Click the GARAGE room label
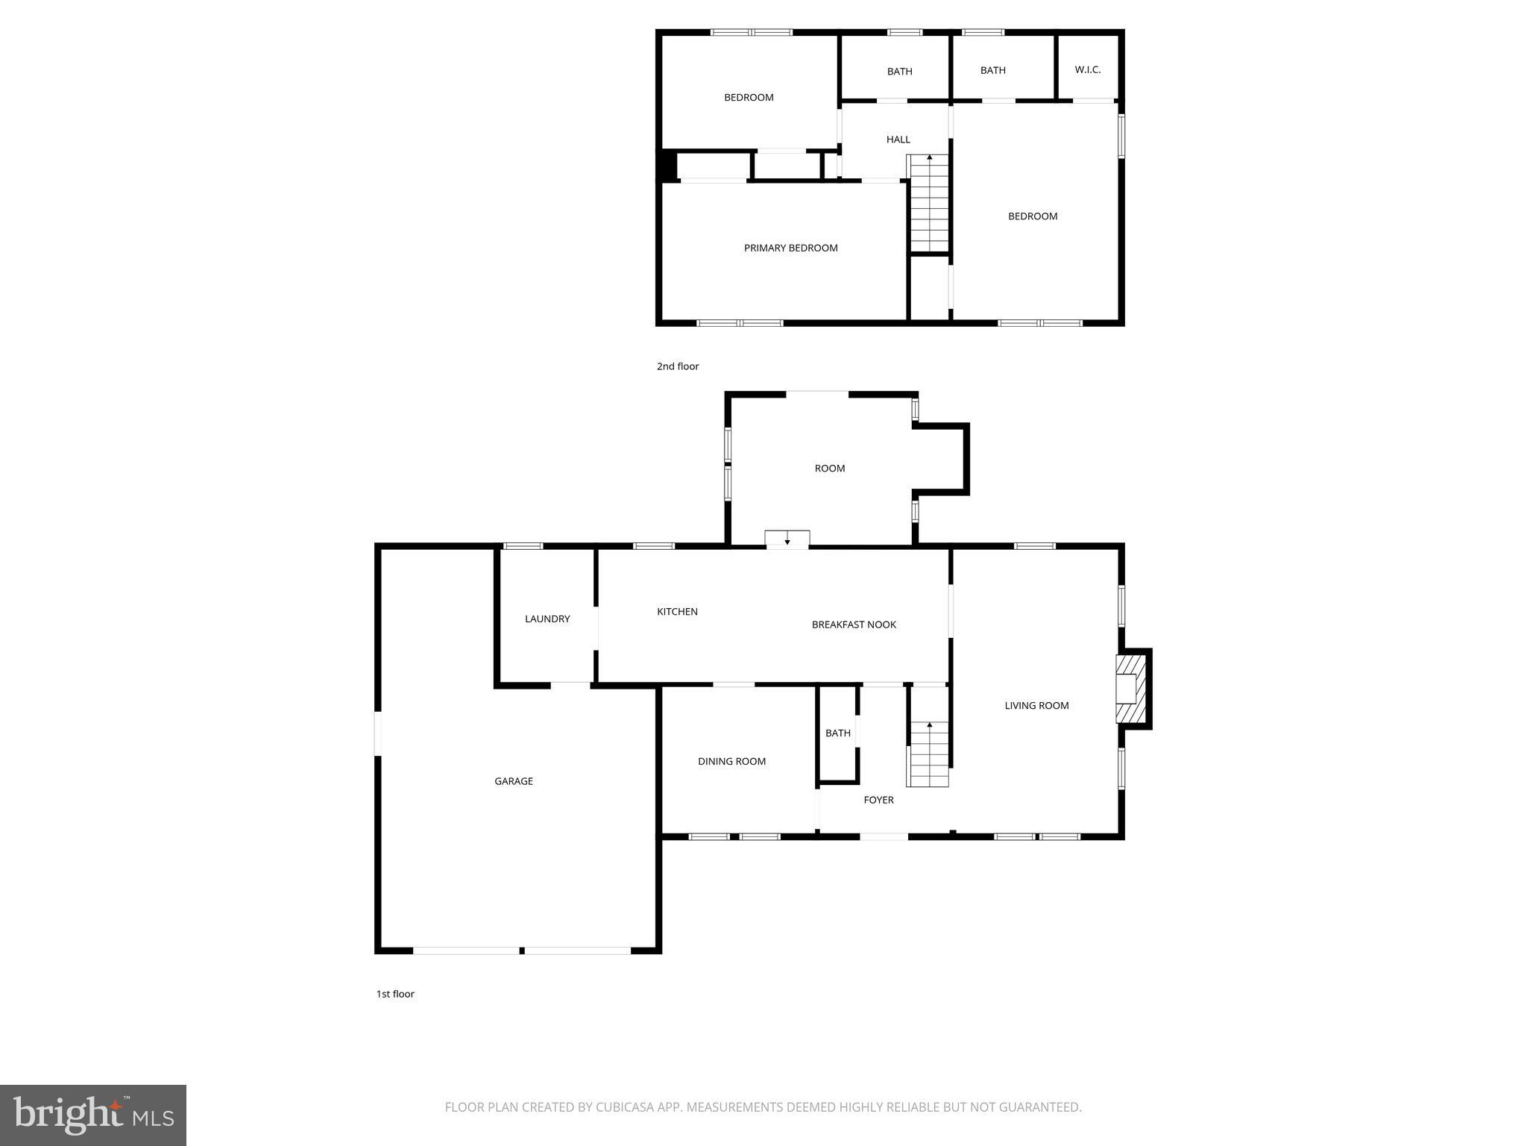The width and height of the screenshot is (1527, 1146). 514,781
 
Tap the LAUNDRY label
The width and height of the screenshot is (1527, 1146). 547,619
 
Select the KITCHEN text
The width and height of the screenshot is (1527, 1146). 677,612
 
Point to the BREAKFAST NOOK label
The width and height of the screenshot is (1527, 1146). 854,624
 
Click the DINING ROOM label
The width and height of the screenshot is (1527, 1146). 731,761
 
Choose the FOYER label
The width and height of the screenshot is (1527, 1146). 878,800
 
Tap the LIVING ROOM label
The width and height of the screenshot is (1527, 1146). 1036,705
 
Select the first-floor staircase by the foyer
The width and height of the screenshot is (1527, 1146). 928,754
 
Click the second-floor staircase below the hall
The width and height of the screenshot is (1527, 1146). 928,203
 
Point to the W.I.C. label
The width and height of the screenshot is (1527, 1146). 1088,69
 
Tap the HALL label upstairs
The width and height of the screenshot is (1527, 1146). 898,140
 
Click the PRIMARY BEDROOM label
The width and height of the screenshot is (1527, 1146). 790,248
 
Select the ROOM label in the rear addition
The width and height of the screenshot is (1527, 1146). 829,469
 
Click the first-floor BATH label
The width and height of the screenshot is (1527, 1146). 838,733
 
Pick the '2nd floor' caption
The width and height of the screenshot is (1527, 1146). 678,366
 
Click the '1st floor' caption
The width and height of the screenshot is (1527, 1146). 395,994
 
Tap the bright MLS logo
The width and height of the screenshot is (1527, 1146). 93,1115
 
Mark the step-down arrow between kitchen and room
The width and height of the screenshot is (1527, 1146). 787,539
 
